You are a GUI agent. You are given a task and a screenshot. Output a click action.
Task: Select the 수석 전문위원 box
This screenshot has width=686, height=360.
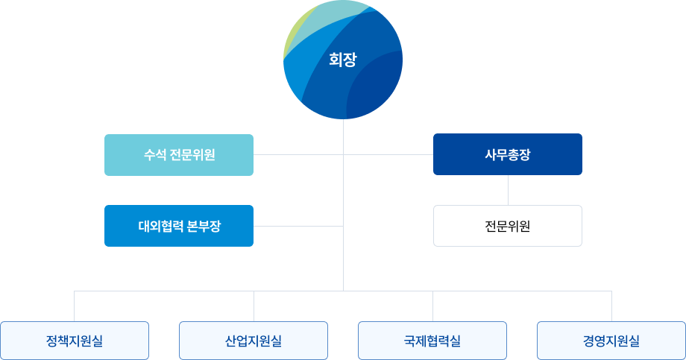[179, 155]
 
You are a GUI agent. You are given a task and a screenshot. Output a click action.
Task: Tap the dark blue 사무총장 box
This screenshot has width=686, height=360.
[507, 154]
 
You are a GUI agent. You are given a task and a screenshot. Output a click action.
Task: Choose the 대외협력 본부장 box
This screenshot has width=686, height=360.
[179, 226]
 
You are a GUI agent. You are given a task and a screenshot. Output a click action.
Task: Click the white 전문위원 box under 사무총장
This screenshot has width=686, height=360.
[507, 226]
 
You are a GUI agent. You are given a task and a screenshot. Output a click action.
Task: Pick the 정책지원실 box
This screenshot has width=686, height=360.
[75, 341]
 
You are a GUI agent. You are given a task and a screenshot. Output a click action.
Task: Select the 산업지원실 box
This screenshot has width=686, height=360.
[254, 341]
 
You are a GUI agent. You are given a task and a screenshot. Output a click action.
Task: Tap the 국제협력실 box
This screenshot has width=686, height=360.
[432, 341]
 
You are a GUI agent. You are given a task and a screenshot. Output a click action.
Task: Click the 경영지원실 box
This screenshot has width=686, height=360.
[611, 341]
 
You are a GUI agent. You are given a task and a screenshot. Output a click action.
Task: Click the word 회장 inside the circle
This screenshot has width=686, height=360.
[343, 60]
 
